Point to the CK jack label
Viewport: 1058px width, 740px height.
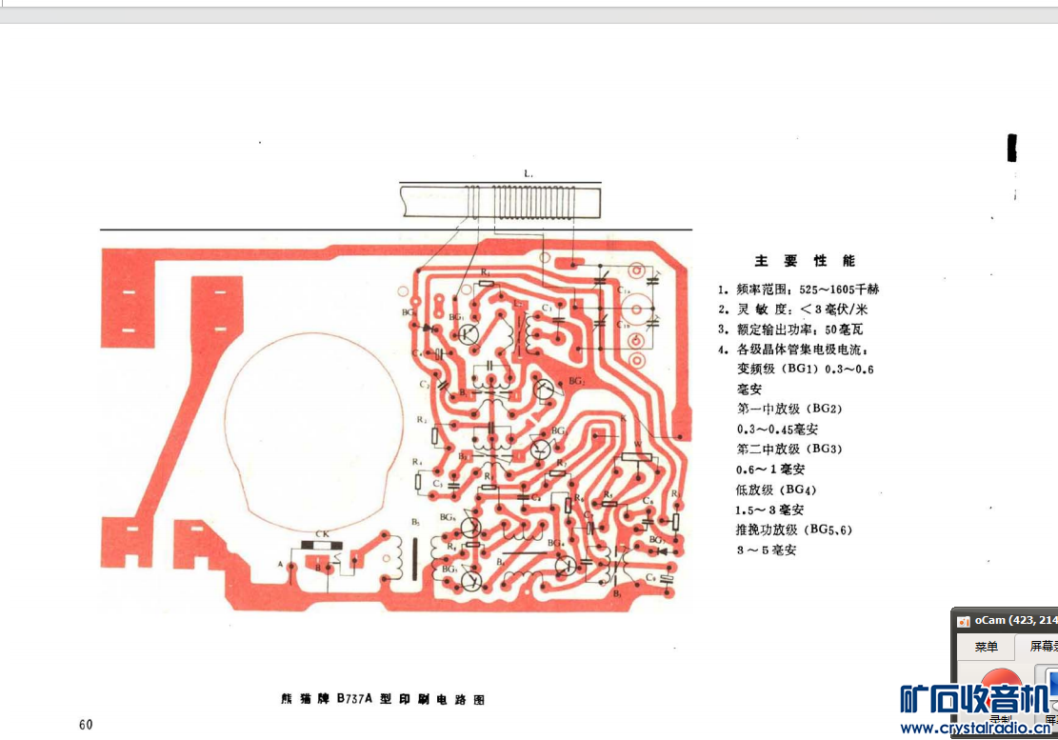point(322,534)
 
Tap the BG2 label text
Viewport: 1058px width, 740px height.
point(576,381)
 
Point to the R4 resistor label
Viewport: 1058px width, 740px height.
point(417,462)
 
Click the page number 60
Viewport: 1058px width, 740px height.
point(86,725)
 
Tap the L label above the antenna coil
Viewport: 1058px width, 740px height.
point(529,173)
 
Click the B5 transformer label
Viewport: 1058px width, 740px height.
point(416,522)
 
